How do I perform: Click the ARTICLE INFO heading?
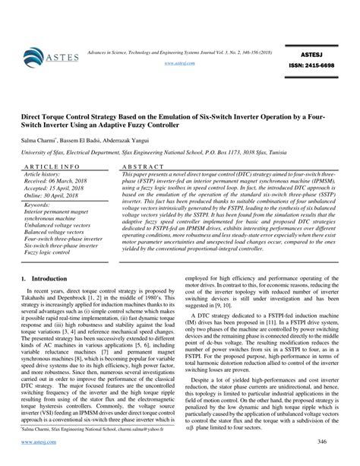point(50,166)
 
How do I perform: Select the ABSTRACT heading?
point(139,166)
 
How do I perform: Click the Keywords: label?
point(37,204)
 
